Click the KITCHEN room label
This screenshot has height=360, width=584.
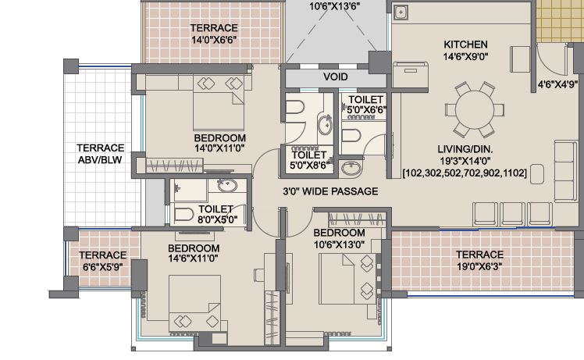click(x=465, y=45)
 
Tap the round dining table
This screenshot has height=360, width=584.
click(x=475, y=110)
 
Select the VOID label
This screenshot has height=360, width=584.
click(x=336, y=77)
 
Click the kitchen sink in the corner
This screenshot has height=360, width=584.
click(x=401, y=12)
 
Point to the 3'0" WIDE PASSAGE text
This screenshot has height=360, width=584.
click(x=330, y=191)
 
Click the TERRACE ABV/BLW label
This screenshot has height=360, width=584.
click(x=100, y=154)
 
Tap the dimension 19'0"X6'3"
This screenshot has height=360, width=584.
click(x=479, y=266)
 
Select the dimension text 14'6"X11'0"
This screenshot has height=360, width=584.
click(x=194, y=258)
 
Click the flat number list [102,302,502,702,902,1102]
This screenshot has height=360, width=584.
click(x=465, y=173)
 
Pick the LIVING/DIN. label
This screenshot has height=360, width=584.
click(x=465, y=149)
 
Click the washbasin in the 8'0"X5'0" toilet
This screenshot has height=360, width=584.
click(x=227, y=185)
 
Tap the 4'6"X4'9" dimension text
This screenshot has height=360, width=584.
click(x=557, y=84)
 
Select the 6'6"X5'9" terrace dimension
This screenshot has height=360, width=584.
click(x=103, y=267)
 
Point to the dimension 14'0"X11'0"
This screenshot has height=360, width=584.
click(x=219, y=148)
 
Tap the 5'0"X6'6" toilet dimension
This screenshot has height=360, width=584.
click(x=366, y=110)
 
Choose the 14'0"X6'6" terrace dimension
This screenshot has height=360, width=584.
click(x=214, y=40)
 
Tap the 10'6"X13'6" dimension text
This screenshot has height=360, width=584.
click(x=334, y=6)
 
